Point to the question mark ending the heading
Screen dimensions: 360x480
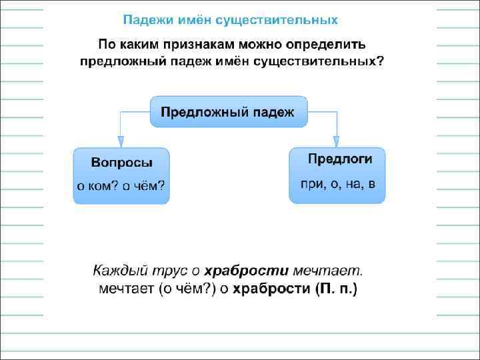point(381,61)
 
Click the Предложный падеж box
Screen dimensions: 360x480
point(228,111)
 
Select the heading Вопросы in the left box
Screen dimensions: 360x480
point(121,163)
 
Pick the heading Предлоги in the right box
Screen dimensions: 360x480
point(337,159)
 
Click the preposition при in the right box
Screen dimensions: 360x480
point(311,183)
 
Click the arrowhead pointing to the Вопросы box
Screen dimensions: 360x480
point(120,141)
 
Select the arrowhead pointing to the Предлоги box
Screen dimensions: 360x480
point(337,141)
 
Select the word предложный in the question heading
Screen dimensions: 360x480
point(117,61)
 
